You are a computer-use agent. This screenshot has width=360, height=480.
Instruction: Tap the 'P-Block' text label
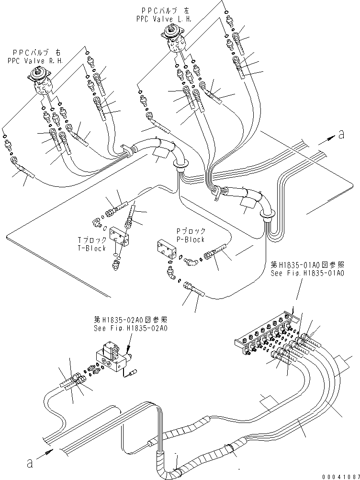pyautogui.click(x=191, y=239)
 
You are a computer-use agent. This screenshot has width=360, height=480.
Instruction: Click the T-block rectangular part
pyautogui.click(x=118, y=236)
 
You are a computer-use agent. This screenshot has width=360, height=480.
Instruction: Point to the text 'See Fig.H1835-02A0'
pyautogui.click(x=133, y=328)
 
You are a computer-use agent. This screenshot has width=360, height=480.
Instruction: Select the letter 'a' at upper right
pyautogui.click(x=341, y=135)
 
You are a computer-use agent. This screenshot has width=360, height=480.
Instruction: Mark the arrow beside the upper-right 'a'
pyautogui.click(x=325, y=138)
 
